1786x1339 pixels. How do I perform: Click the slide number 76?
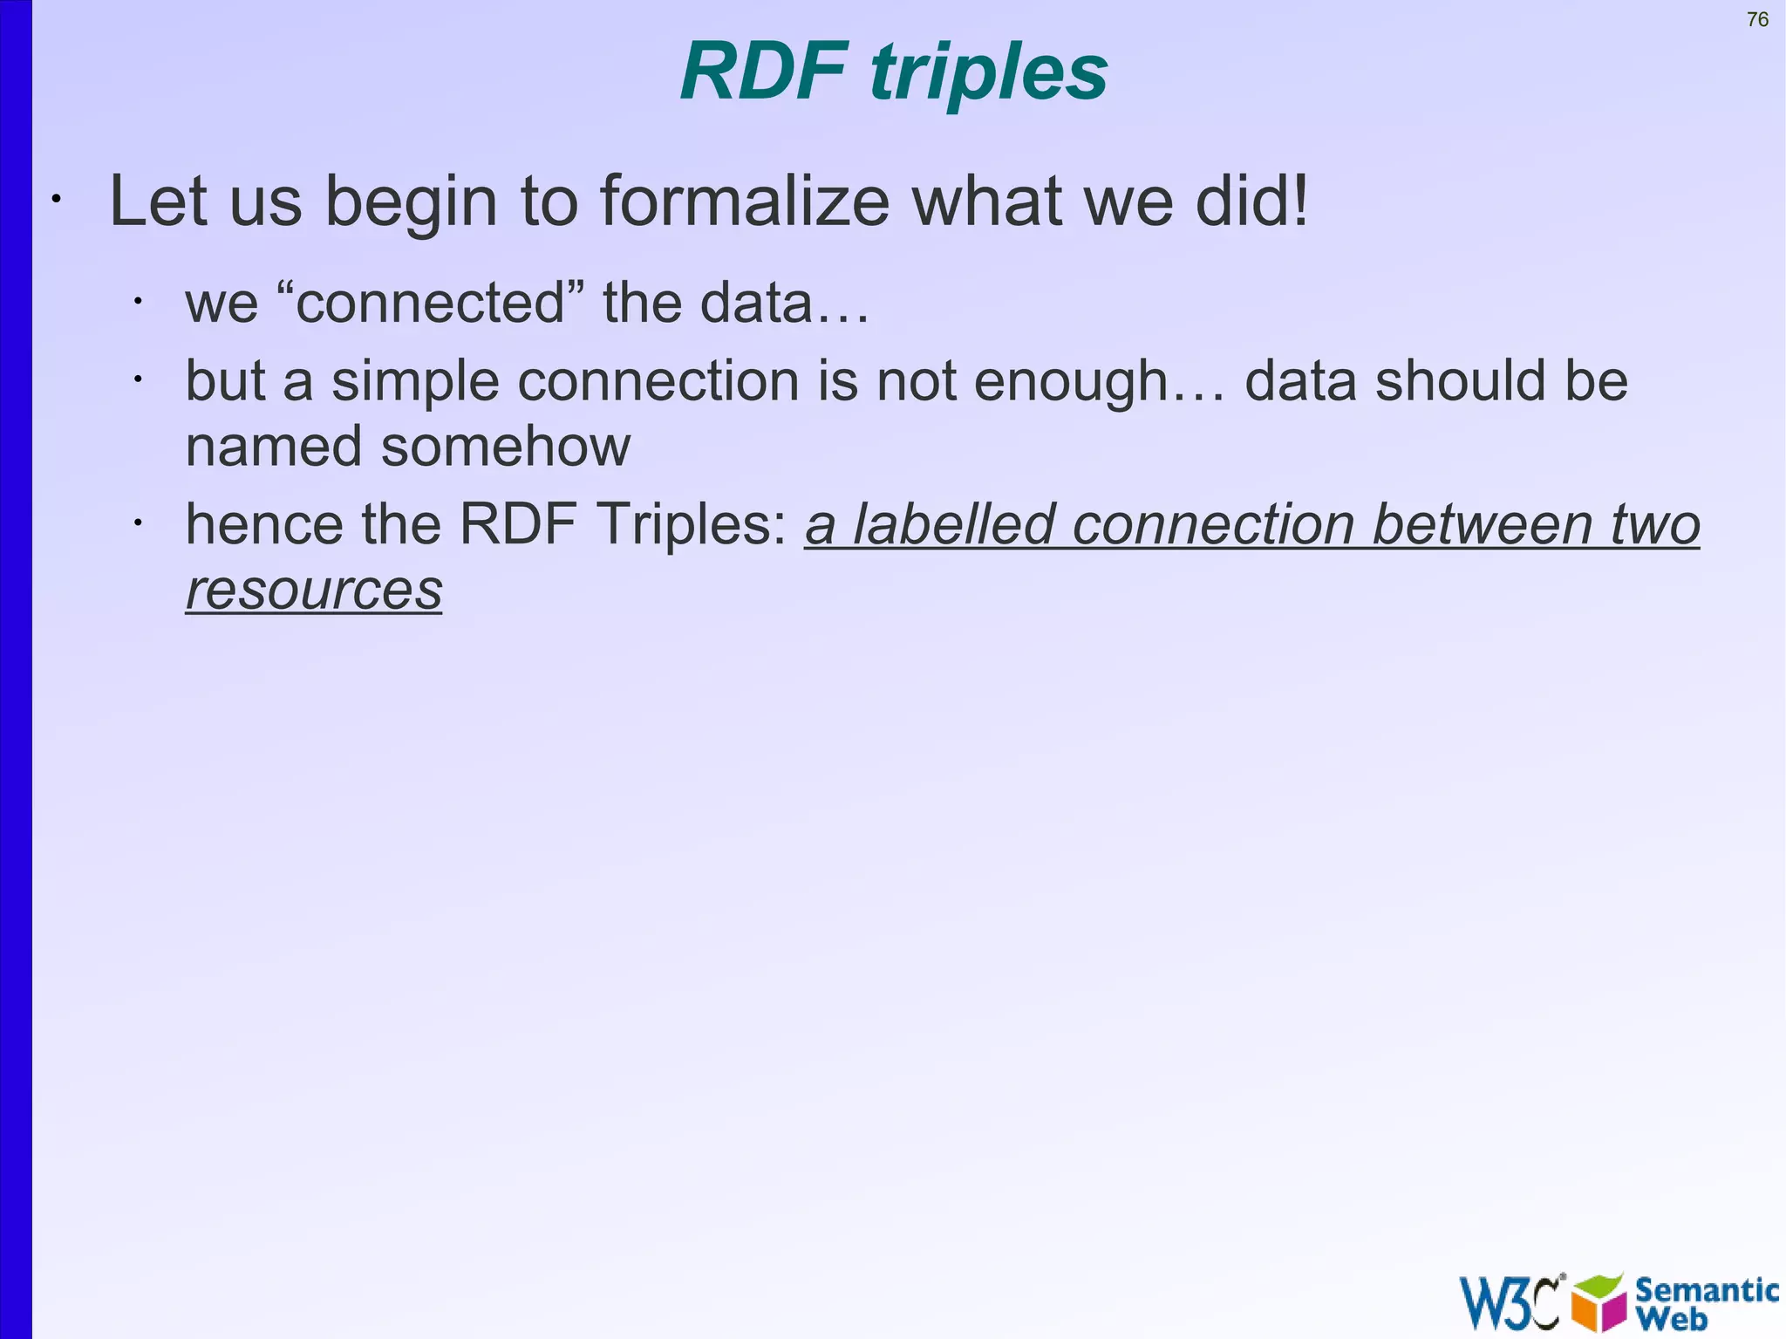tap(1757, 19)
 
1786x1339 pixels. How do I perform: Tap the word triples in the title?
tap(989, 73)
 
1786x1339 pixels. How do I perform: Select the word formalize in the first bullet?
tap(744, 201)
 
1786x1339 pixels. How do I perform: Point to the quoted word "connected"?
tap(430, 303)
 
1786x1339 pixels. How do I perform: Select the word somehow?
tap(506, 447)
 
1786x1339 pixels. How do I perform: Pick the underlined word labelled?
tap(953, 524)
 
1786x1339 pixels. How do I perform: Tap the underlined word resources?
tap(314, 590)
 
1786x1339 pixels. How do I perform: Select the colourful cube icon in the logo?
tap(1599, 1302)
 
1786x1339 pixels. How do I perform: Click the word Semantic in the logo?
tap(1706, 1289)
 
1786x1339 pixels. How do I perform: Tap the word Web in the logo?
tap(1671, 1318)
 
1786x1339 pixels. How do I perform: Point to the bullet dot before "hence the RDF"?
tap(137, 523)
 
